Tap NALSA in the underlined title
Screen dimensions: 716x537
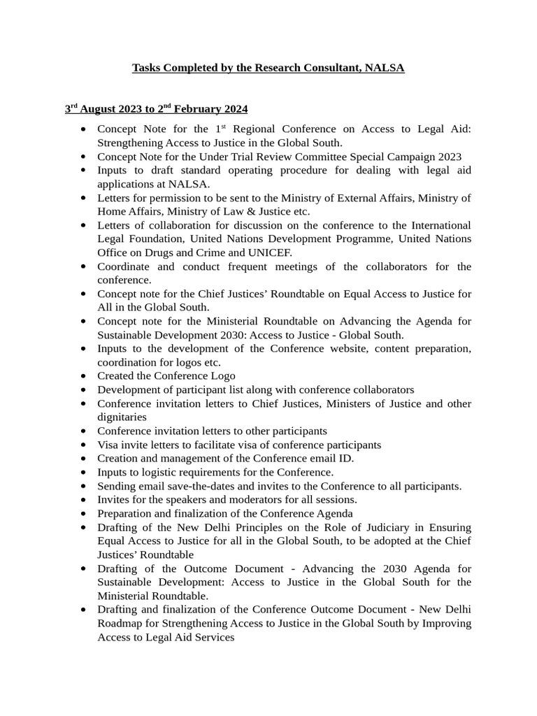pos(385,68)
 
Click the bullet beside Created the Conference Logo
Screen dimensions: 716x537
pos(84,376)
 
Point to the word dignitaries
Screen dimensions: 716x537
pos(122,417)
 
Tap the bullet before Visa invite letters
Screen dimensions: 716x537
pos(84,445)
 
